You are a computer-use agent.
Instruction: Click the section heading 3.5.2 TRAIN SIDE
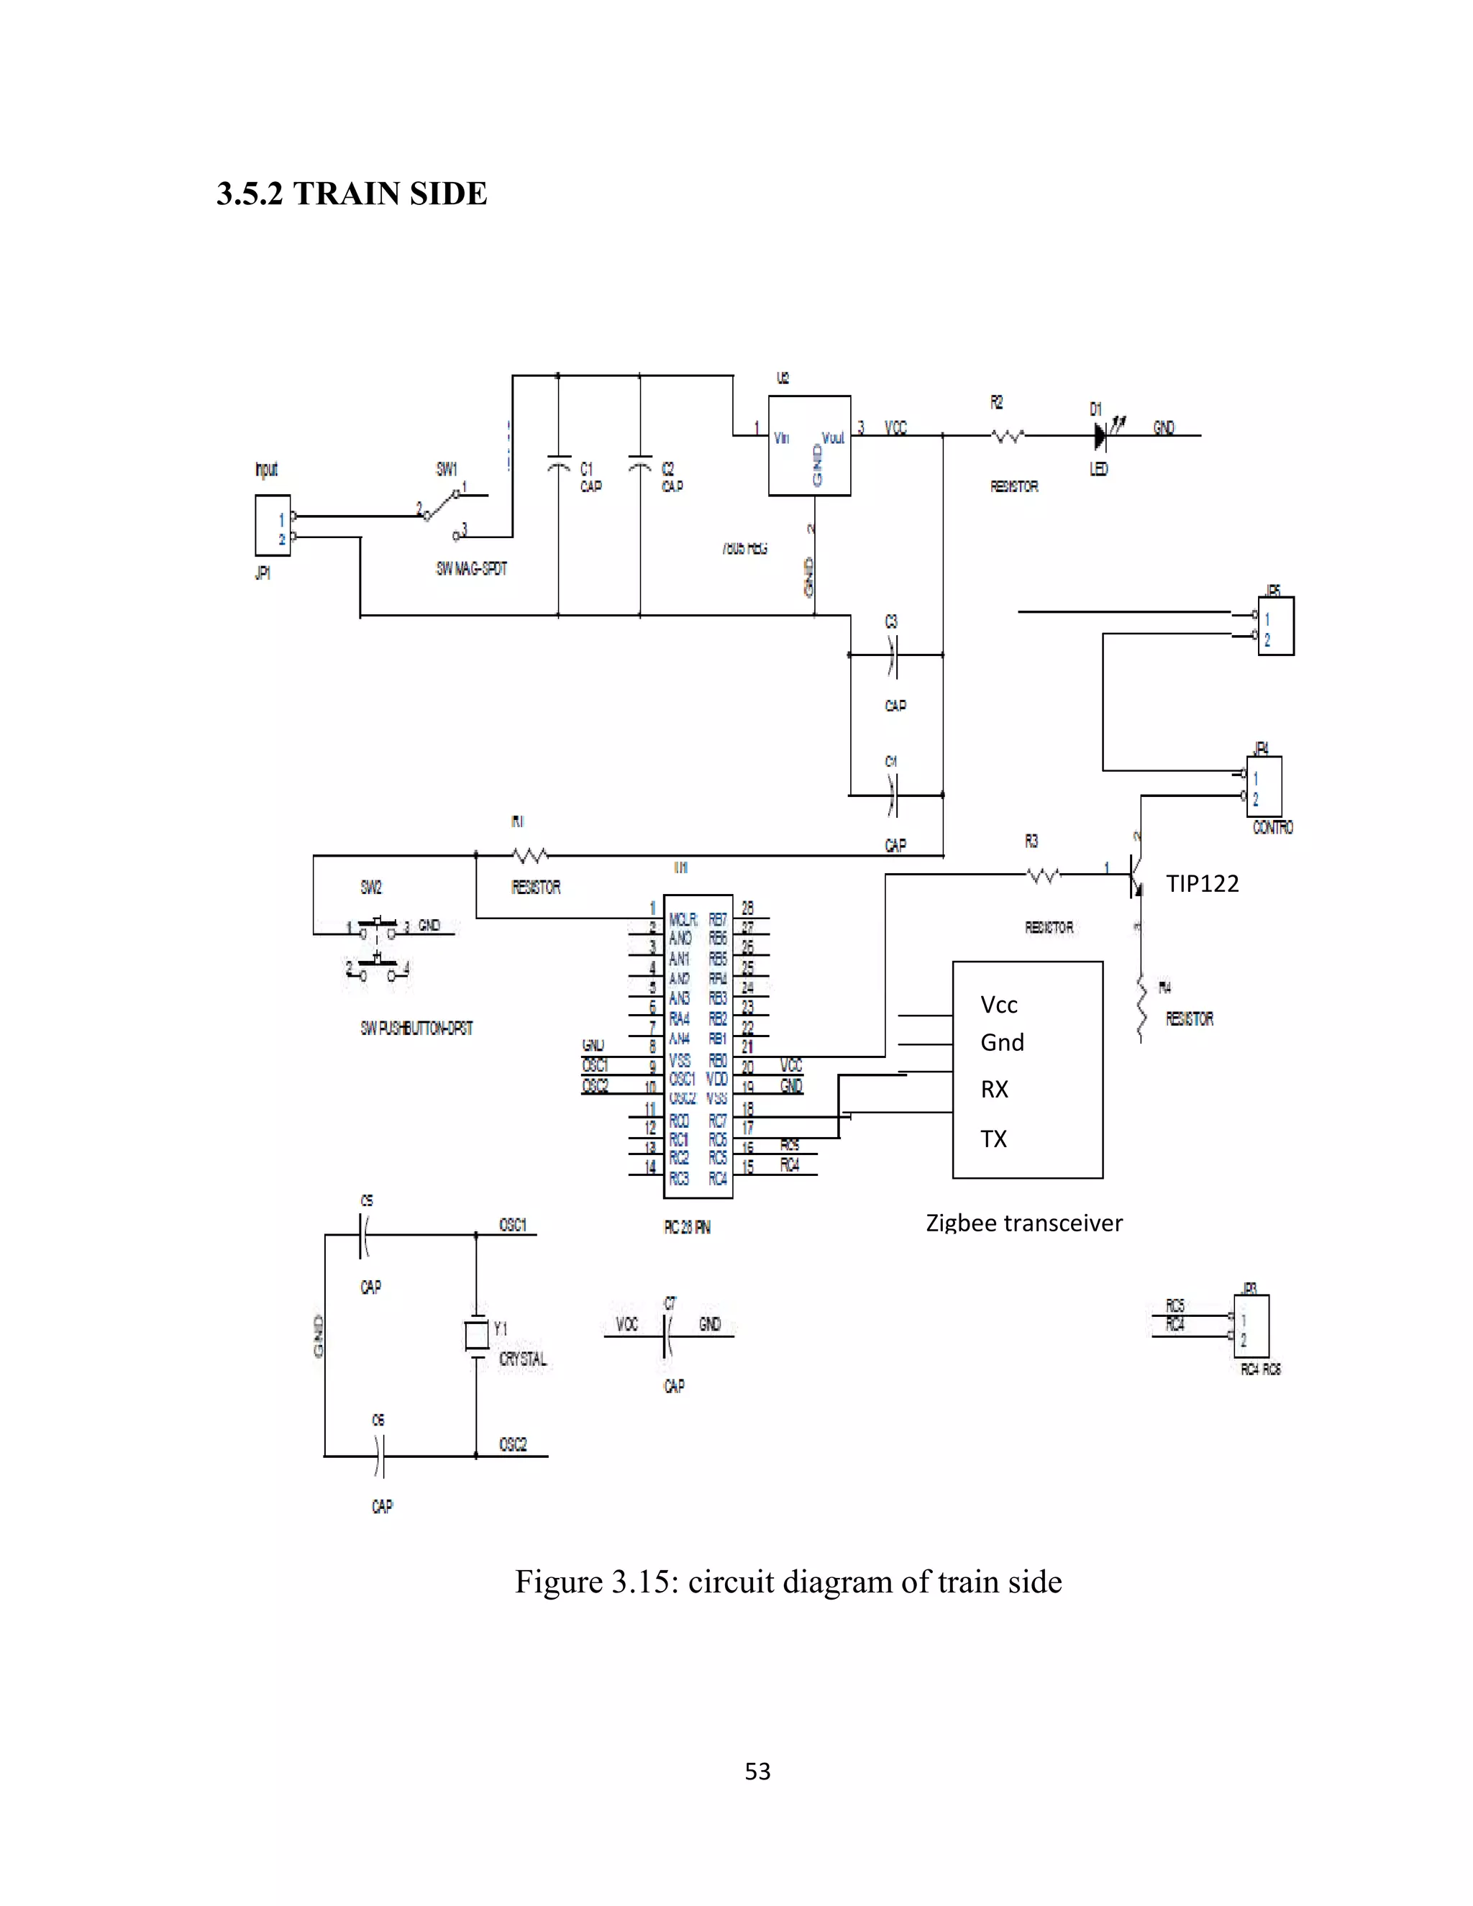coord(352,193)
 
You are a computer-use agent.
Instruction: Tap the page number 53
coord(757,1771)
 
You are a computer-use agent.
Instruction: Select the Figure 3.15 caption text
coord(788,1582)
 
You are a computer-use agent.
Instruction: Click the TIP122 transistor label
coord(1202,884)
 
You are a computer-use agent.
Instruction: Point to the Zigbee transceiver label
coord(1023,1223)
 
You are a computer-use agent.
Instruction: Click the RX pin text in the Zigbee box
coord(994,1089)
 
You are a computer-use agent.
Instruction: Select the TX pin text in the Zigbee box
coord(993,1139)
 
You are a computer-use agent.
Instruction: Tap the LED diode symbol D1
coord(1101,434)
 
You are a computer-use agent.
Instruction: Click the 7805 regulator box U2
coord(809,446)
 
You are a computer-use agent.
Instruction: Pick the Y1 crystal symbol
coord(476,1334)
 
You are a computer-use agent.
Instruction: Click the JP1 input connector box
coord(273,525)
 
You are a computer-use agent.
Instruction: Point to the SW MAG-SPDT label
coord(471,569)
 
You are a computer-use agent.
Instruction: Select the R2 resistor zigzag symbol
coord(1008,434)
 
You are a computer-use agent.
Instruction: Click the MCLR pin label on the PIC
coord(683,919)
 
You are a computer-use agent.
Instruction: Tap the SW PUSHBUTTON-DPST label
coord(416,1028)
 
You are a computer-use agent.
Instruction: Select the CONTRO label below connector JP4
coord(1272,827)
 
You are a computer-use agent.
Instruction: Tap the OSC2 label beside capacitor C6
coord(513,1444)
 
